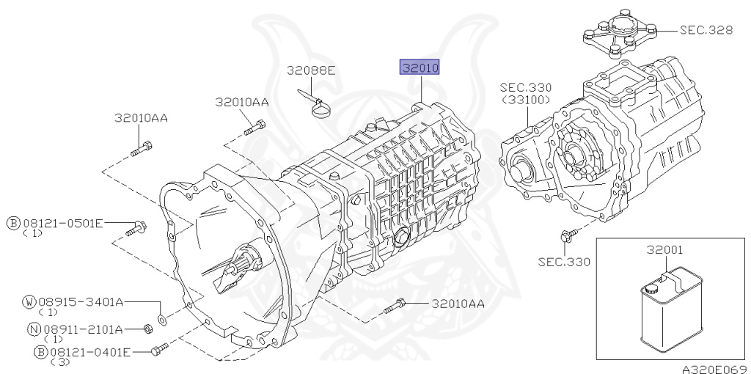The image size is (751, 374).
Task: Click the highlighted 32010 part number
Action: pyautogui.click(x=420, y=67)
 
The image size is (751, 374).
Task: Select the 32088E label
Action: pyautogui.click(x=311, y=70)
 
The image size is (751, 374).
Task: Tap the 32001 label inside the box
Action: pyautogui.click(x=664, y=250)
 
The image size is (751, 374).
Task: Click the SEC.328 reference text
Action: pyautogui.click(x=706, y=29)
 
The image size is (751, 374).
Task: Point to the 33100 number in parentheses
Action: pyautogui.click(x=525, y=100)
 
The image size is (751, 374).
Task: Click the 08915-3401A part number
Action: pyautogui.click(x=81, y=301)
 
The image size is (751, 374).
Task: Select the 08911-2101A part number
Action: pyautogui.click(x=84, y=329)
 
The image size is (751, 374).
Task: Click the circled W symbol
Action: pyautogui.click(x=29, y=301)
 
